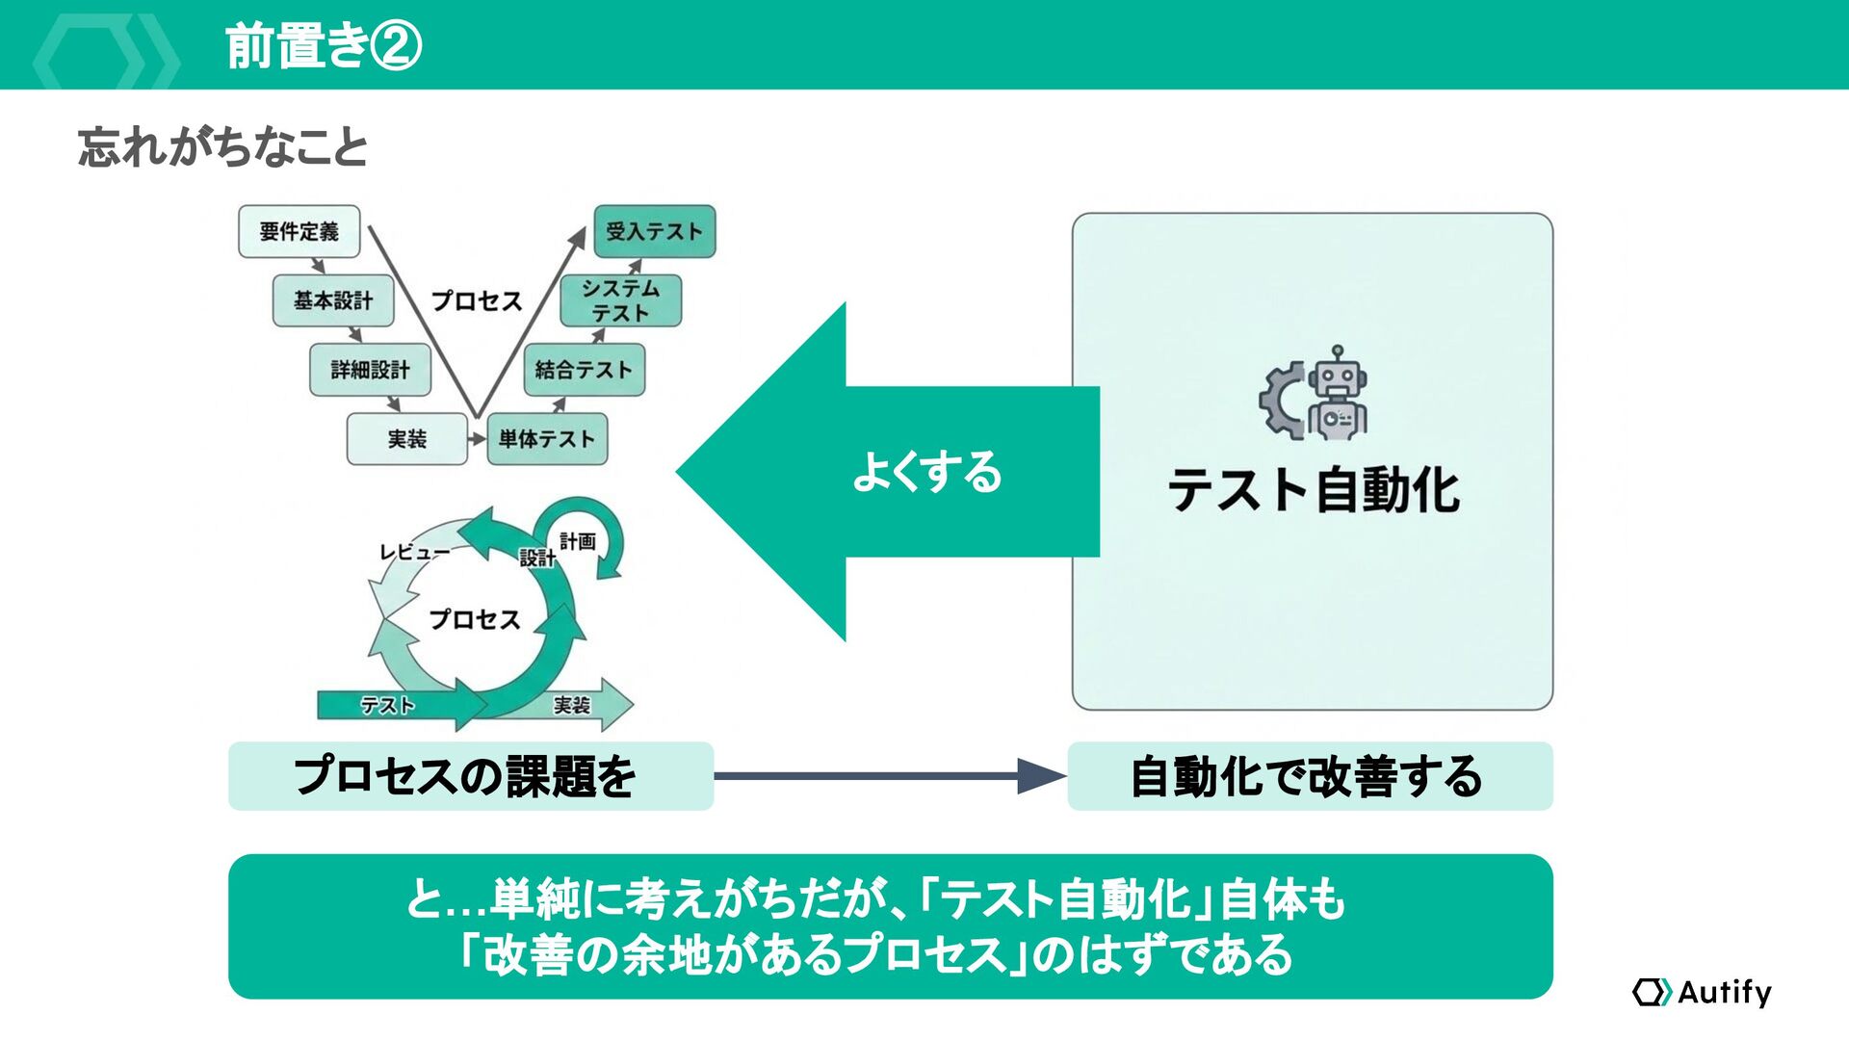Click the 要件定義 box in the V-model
(x=299, y=231)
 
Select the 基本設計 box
(x=333, y=300)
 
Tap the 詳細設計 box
(x=370, y=370)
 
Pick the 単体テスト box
(x=547, y=439)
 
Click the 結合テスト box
(x=584, y=370)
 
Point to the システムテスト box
(x=621, y=300)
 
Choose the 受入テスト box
(x=655, y=231)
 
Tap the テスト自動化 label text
(x=1314, y=489)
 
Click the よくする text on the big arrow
(x=927, y=472)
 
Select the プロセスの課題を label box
(x=470, y=776)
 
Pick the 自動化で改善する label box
(x=1310, y=776)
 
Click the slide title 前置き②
(x=324, y=46)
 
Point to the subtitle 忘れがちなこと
(x=222, y=148)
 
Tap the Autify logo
(x=1703, y=992)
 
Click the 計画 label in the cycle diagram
(x=578, y=541)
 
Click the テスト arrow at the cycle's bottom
(x=387, y=706)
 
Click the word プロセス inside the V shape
(x=477, y=300)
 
